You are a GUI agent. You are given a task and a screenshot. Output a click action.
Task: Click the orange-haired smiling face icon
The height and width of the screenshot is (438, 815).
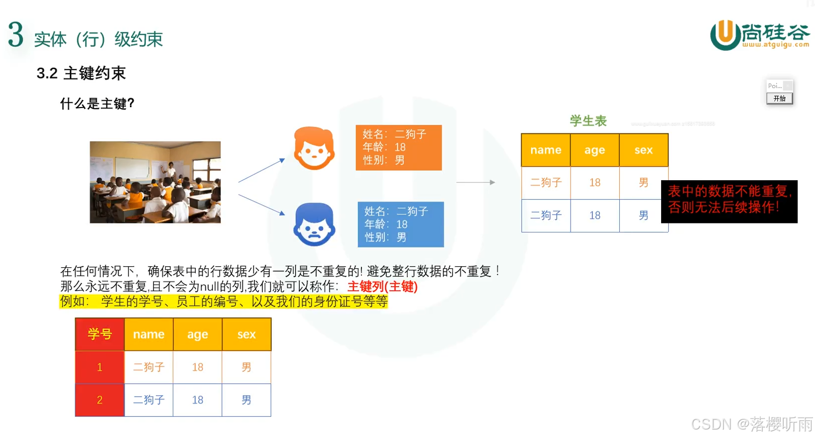[314, 148]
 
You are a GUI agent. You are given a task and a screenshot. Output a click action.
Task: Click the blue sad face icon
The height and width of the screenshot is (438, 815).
[314, 224]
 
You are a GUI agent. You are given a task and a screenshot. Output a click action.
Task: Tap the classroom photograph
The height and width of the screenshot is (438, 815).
[155, 182]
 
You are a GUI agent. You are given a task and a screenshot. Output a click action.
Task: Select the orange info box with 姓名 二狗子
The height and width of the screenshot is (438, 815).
[398, 147]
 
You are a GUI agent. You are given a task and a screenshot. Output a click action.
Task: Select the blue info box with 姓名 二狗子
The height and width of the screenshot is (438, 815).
[400, 224]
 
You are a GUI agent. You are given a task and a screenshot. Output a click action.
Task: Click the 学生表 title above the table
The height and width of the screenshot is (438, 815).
[588, 121]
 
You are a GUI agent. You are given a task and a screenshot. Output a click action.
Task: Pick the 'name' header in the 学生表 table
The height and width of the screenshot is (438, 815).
[546, 150]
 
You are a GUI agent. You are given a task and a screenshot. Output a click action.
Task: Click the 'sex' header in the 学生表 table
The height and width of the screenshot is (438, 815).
[643, 150]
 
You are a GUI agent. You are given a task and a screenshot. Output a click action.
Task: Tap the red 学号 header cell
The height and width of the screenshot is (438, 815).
[100, 334]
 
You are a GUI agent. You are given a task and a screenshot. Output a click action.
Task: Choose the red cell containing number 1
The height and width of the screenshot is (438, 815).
[100, 367]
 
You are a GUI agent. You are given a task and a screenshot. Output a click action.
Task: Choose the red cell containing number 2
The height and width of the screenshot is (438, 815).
[100, 400]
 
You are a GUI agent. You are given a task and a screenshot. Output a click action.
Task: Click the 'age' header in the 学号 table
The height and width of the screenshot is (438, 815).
[198, 334]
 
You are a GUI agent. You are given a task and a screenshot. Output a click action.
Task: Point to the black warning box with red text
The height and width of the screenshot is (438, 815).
[729, 201]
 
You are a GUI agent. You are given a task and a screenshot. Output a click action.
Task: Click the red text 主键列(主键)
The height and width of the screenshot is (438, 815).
[382, 287]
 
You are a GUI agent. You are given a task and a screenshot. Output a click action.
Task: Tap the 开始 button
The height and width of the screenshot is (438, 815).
[779, 99]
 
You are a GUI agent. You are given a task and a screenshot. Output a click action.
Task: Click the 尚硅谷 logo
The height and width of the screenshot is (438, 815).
[759, 35]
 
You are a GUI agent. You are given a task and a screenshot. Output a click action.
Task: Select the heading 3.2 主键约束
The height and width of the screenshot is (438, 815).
[81, 73]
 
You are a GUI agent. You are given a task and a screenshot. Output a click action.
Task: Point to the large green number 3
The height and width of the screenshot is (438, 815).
[16, 35]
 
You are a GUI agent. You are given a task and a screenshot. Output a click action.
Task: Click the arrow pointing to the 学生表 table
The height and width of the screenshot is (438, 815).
[475, 182]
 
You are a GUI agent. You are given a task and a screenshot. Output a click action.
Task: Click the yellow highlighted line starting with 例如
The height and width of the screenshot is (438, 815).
[224, 302]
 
